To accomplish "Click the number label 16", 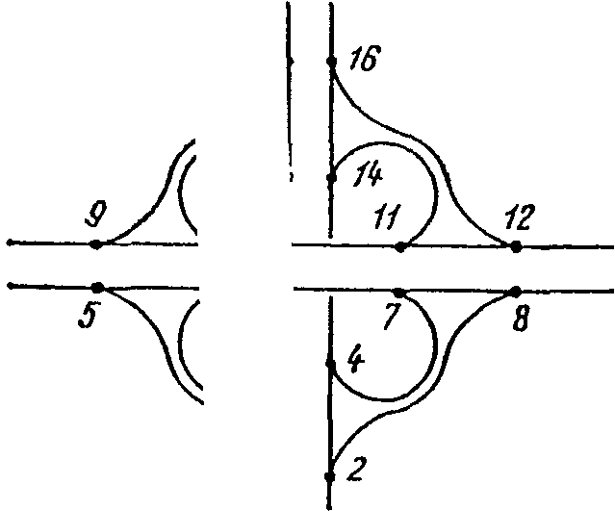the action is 365,59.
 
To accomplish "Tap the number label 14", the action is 368,174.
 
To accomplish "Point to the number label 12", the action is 518,217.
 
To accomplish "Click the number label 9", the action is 94,215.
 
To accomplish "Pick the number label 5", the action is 87,317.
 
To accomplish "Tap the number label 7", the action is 393,317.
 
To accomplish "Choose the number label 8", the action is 522,319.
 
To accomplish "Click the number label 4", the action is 356,360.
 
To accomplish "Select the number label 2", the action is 356,470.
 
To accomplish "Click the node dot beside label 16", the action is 331,61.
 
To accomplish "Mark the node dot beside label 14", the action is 331,178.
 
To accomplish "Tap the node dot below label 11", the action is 399,247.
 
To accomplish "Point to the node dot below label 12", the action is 515,246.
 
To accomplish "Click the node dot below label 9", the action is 96,244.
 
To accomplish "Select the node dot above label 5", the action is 97,288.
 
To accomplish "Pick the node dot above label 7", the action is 398,293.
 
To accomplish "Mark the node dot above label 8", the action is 515,292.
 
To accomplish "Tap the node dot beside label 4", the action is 330,364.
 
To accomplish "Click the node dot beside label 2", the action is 329,476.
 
